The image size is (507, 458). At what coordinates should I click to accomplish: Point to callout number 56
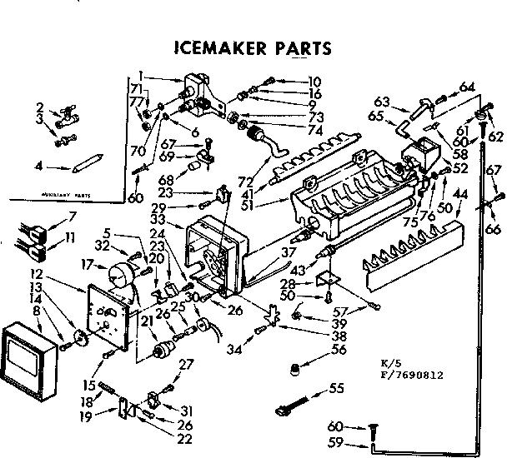[x=338, y=351]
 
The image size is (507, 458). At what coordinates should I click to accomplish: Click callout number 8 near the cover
[x=37, y=310]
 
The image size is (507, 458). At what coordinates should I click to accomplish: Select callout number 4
[x=38, y=165]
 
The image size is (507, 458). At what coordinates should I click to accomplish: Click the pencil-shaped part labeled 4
[x=86, y=159]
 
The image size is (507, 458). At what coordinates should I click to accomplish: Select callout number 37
[x=288, y=251]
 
